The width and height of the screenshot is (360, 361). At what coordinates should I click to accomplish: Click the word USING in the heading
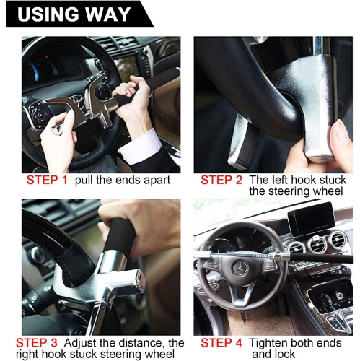coord(43,14)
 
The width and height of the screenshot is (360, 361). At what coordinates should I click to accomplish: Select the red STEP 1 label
coord(46,180)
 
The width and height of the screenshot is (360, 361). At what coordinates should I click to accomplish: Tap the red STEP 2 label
coord(221,180)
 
